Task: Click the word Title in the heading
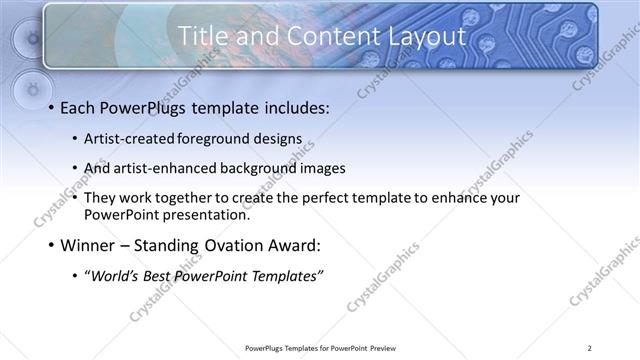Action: tap(203, 36)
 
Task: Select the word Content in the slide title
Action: tap(318, 36)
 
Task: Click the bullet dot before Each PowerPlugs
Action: tap(50, 107)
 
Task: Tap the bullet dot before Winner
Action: tap(50, 246)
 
